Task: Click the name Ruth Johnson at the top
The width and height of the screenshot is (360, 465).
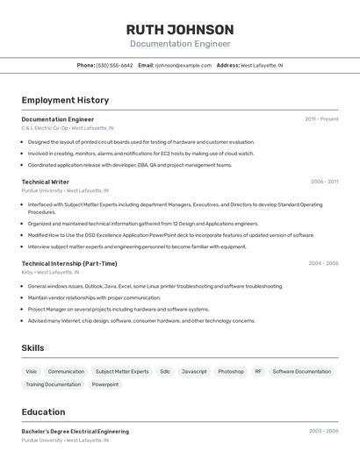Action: [180, 30]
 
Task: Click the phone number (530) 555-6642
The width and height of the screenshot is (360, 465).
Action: [114, 65]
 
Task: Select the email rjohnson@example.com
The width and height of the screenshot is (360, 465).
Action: [184, 65]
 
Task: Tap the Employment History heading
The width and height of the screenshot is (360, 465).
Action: [65, 100]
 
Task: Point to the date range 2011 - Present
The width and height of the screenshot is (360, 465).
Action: [321, 119]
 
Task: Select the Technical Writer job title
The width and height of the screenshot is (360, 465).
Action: [45, 182]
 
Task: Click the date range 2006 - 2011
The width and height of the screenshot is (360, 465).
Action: [324, 182]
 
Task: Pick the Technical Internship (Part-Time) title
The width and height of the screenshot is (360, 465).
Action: [68, 263]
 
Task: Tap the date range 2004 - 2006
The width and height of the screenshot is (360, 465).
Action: [323, 263]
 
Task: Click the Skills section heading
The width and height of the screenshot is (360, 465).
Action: [32, 348]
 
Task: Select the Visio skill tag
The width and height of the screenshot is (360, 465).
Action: [32, 372]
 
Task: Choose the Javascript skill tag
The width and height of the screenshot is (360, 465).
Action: [194, 372]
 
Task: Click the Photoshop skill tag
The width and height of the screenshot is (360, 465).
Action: [231, 372]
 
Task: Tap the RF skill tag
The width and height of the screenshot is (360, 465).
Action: [258, 372]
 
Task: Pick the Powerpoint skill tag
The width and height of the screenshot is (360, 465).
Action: [105, 384]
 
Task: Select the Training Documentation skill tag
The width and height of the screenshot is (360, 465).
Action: [53, 384]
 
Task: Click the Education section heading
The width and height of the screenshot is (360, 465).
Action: [43, 411]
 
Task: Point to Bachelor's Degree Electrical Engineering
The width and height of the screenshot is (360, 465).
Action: [75, 432]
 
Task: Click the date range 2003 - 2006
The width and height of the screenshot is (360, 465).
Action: [323, 432]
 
